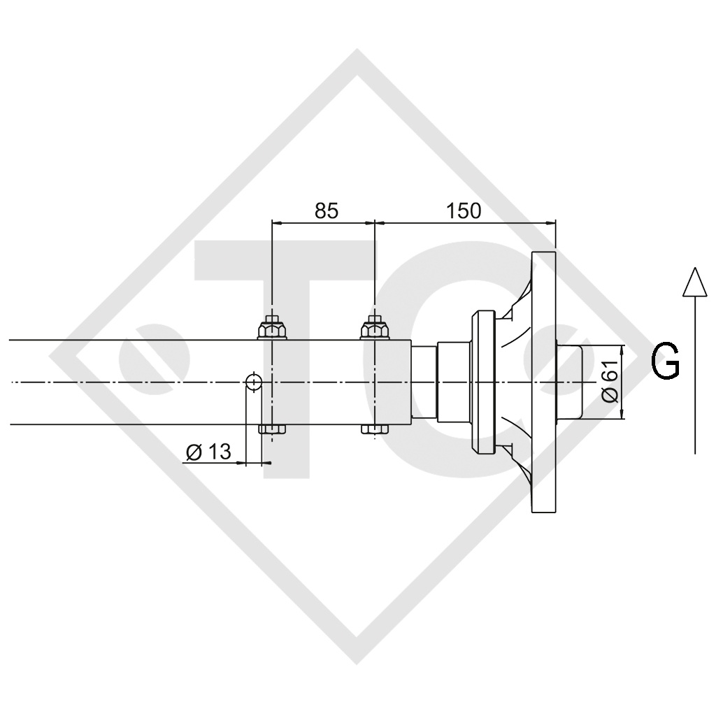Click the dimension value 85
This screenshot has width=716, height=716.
tap(326, 210)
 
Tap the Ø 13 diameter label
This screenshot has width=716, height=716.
tap(208, 452)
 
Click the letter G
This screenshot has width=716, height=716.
tap(665, 363)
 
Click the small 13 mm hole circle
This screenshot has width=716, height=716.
tap(253, 382)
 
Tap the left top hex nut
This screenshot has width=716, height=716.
tap(272, 328)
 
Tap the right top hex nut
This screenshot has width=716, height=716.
tap(375, 328)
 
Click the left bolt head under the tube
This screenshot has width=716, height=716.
tap(272, 429)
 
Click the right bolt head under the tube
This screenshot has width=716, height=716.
tap(375, 429)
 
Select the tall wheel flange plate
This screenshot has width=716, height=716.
tap(544, 382)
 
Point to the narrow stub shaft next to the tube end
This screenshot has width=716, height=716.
tap(423, 382)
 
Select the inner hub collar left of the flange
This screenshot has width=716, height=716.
tap(482, 382)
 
